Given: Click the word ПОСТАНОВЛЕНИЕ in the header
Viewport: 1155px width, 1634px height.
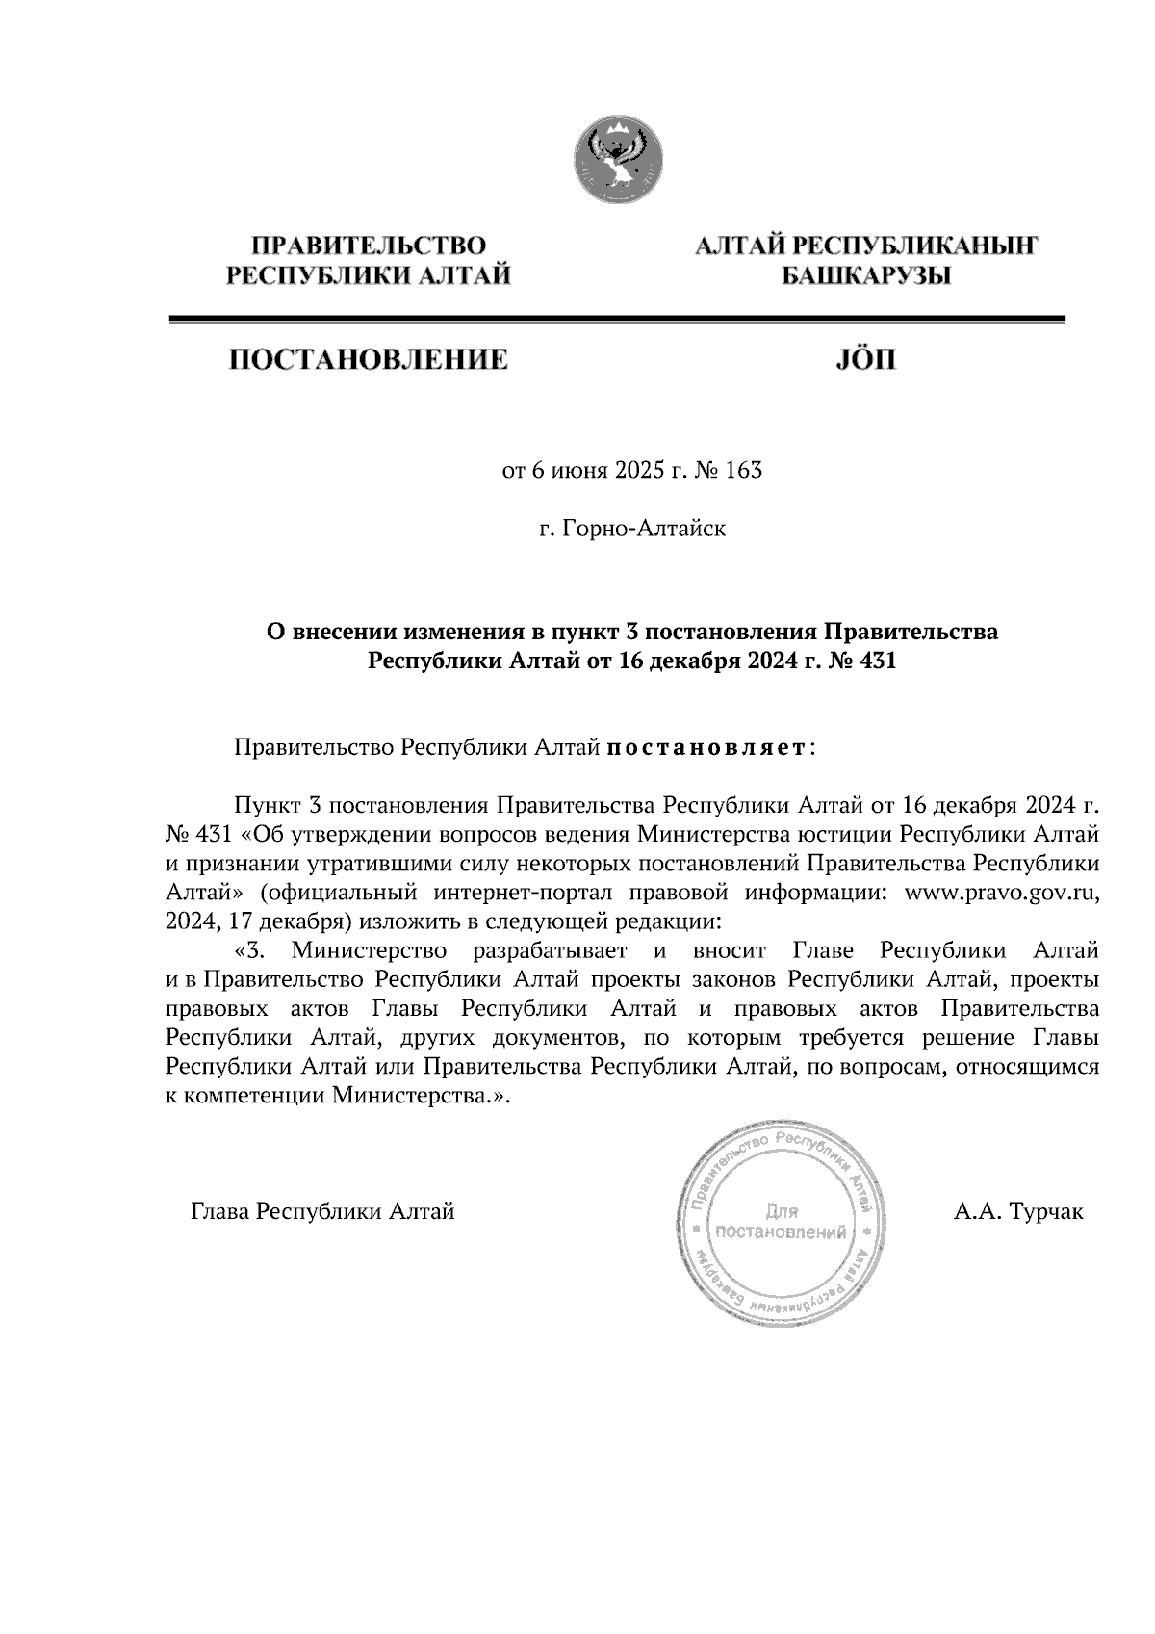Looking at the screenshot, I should [x=367, y=361].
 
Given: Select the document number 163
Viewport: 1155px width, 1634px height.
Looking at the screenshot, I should [x=745, y=471].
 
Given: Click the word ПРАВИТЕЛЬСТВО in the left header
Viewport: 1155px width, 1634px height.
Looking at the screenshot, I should [x=368, y=246].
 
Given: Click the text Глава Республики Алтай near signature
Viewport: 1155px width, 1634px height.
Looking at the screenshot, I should [x=322, y=1212].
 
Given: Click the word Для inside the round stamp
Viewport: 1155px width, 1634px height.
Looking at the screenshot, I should [x=782, y=1211].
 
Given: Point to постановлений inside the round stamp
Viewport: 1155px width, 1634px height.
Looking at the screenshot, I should [x=783, y=1232].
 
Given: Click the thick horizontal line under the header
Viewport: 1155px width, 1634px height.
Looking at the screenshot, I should [x=616, y=319].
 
